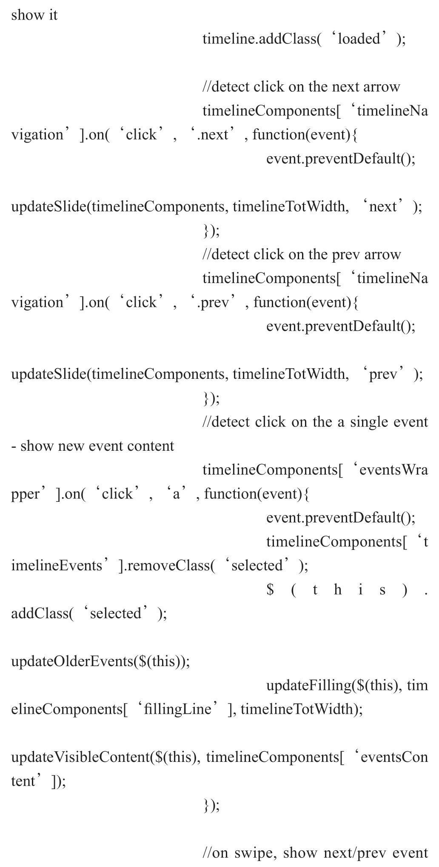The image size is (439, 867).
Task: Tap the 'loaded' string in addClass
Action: (x=359, y=39)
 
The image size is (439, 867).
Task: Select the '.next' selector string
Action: (x=212, y=134)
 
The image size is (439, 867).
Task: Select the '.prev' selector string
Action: (x=213, y=303)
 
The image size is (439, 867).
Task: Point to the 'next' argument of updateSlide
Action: (x=383, y=206)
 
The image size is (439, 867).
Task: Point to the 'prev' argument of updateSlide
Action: (x=383, y=374)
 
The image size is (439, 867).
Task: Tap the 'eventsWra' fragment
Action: (x=393, y=470)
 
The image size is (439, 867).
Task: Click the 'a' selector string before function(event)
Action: (x=176, y=494)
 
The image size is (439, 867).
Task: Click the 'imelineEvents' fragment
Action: (x=57, y=566)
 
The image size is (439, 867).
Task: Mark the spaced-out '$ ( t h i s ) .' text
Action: (x=347, y=590)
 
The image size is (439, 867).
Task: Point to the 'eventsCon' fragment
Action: (x=394, y=757)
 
